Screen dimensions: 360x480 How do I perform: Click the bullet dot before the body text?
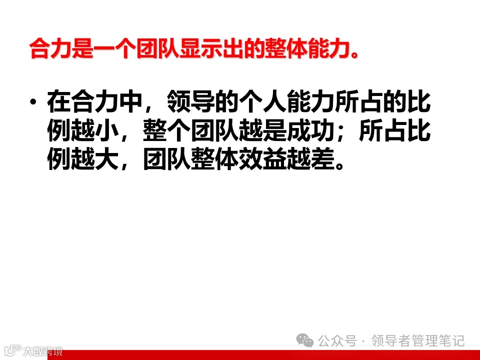tap(33, 103)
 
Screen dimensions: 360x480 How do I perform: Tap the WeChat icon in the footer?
tap(304, 341)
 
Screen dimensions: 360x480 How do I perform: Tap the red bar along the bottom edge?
tap(270, 355)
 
